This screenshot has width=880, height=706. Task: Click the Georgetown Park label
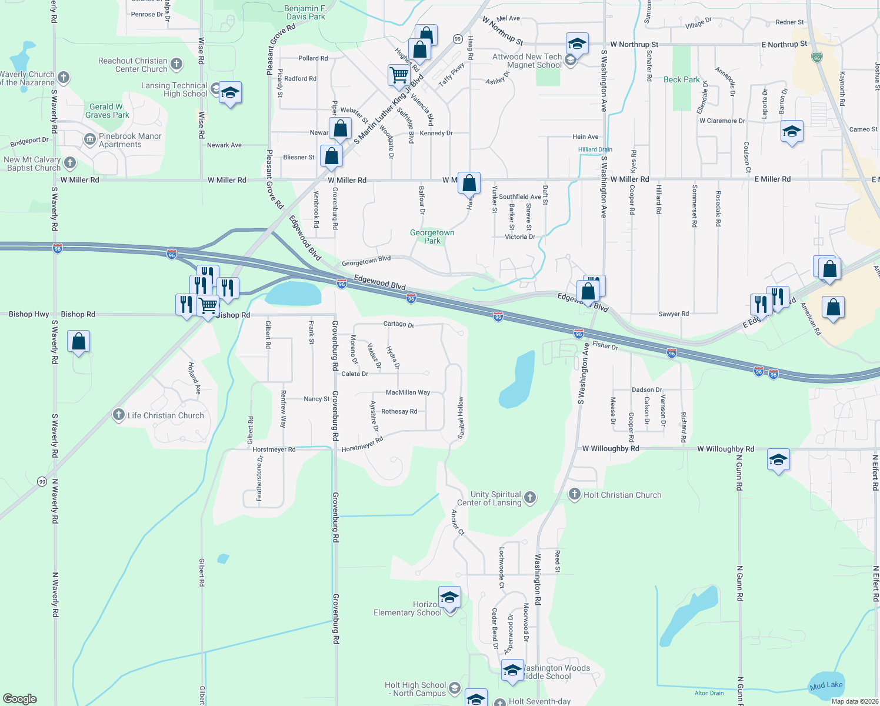[x=432, y=237]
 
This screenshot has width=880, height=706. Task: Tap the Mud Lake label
[x=826, y=685]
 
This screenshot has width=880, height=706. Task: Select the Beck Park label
[x=682, y=79]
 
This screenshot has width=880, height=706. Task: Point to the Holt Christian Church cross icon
[x=575, y=494]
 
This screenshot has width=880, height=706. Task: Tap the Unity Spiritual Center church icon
[x=529, y=498]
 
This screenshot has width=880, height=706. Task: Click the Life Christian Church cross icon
[x=119, y=415]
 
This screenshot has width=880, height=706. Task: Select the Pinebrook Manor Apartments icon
[x=90, y=139]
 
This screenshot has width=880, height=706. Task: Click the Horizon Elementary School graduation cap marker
[x=449, y=598]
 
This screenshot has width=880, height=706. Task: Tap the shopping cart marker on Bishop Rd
[x=208, y=306]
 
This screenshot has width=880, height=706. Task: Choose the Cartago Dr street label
[x=399, y=324]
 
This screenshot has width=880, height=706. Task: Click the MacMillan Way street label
[x=408, y=392]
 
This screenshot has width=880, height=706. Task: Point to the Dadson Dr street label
[x=646, y=389]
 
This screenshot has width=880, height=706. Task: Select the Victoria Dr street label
[x=520, y=237]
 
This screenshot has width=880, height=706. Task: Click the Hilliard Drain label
[x=595, y=149]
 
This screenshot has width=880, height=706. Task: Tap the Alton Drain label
[x=709, y=693]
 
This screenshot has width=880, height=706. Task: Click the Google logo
[x=20, y=699]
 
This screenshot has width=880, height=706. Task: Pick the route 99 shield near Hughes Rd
[x=458, y=39]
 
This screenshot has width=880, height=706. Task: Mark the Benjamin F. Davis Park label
[x=305, y=12]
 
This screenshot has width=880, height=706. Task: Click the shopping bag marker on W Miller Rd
[x=469, y=184]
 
